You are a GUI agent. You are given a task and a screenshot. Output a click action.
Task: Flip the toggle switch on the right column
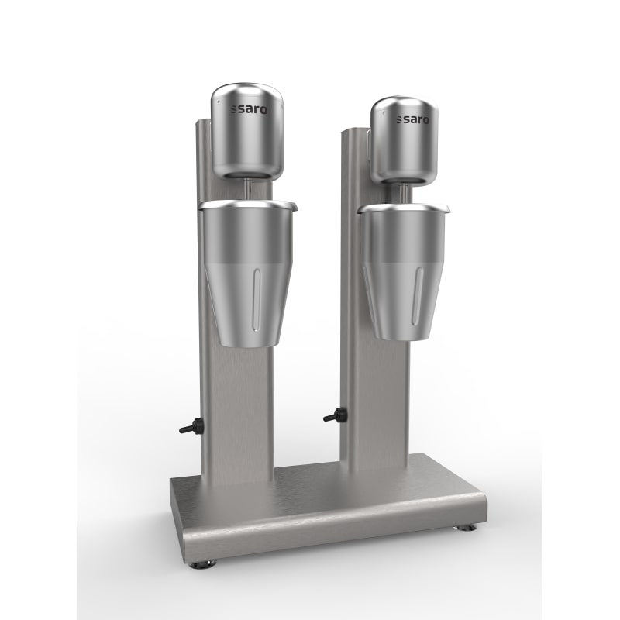coord(333,416)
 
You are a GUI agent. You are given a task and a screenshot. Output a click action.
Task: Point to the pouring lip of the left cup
coord(294,205)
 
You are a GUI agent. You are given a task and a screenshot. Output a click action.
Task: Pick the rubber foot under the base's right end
coord(468,529)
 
